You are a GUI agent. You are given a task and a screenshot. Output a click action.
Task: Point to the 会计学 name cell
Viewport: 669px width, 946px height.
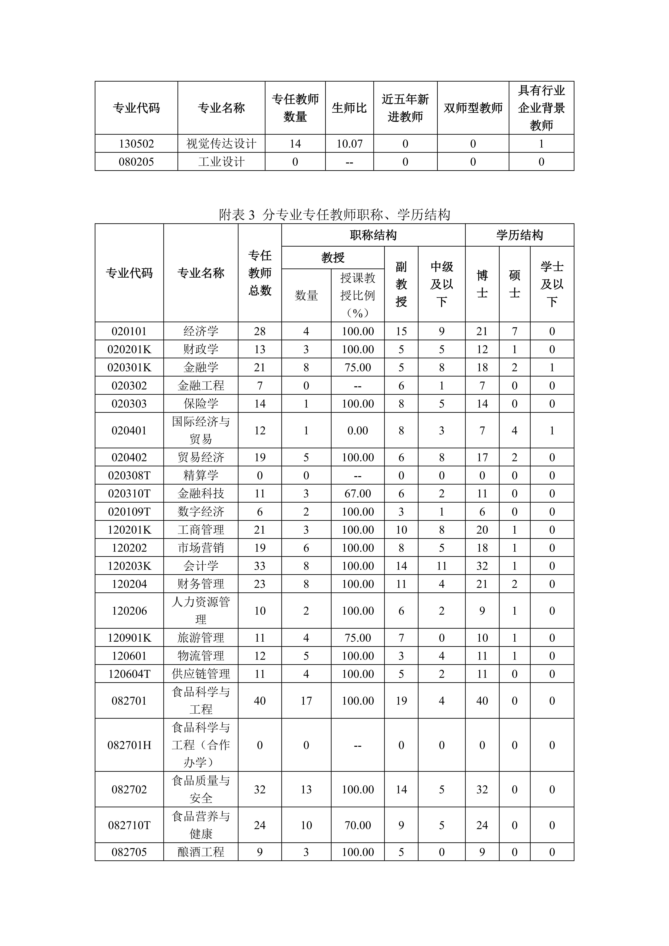[201, 566]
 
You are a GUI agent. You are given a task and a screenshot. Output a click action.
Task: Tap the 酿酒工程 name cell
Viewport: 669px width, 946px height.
[201, 852]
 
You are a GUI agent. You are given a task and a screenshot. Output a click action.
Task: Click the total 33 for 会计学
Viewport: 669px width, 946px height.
[260, 566]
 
